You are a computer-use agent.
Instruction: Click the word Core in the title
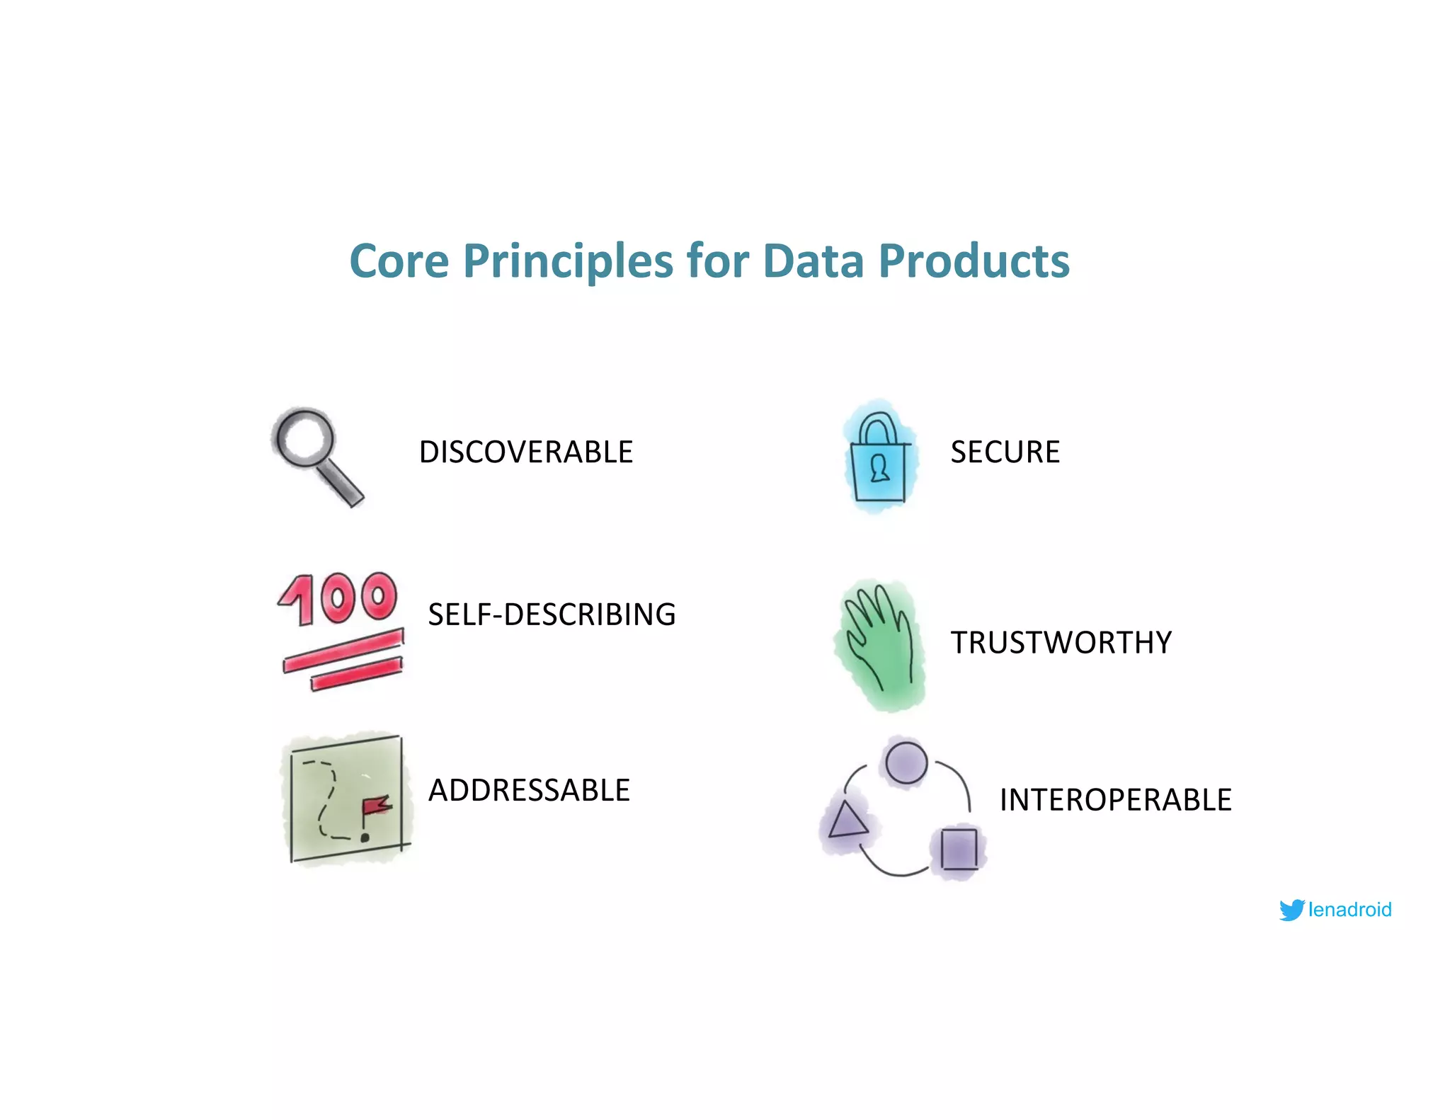[x=399, y=261]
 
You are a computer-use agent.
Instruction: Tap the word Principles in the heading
[x=568, y=261]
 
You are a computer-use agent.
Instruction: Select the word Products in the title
[x=974, y=261]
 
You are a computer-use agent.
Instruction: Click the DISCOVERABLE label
[x=525, y=452]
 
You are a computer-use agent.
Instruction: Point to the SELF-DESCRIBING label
[x=552, y=615]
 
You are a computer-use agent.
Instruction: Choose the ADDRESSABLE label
[x=529, y=790]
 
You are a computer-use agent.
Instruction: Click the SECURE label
[x=1005, y=452]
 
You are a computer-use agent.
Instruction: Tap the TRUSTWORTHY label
[x=1061, y=643]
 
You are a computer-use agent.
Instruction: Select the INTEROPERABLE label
[x=1115, y=800]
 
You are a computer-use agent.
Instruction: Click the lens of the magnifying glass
[x=304, y=438]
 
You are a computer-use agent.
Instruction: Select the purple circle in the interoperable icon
[x=906, y=762]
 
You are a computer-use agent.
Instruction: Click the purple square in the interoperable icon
[x=959, y=848]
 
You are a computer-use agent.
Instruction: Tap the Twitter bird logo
[x=1291, y=910]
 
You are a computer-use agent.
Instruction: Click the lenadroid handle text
[x=1349, y=910]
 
